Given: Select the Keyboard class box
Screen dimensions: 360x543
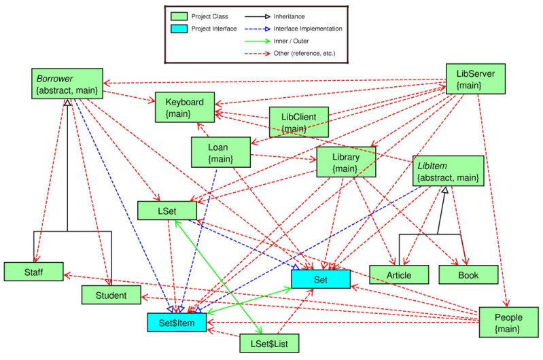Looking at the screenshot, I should click(185, 107).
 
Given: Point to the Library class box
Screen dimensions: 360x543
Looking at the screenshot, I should click(345, 163).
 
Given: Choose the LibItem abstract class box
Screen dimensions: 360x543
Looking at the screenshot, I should click(449, 172).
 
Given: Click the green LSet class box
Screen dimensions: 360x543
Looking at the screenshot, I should click(167, 211).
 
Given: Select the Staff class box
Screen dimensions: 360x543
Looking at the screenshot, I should click(33, 271).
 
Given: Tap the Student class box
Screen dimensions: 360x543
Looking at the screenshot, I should click(111, 295).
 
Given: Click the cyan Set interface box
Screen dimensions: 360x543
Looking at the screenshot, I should click(321, 278).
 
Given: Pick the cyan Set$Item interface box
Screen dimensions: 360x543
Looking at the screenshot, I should click(177, 323).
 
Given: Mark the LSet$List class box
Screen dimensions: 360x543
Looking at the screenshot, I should click(269, 344).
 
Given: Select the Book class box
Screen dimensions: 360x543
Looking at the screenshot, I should click(468, 274).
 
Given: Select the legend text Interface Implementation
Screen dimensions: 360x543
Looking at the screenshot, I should click(308, 29).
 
